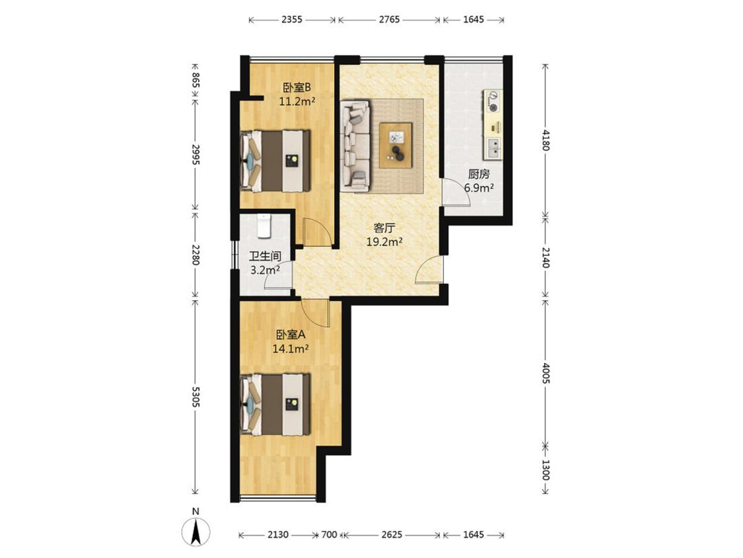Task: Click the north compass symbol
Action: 195,531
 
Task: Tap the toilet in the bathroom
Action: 264,225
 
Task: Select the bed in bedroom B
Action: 275,161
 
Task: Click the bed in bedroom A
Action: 275,404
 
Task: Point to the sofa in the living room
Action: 355,146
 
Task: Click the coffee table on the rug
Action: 396,145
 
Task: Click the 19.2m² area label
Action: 384,242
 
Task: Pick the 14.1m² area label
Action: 291,349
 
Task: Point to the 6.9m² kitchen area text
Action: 479,188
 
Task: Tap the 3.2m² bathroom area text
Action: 265,270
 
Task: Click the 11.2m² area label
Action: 297,101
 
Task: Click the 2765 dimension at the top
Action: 389,19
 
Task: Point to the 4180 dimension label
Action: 546,139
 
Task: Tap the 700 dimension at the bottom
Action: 329,535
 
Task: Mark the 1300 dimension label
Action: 546,470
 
